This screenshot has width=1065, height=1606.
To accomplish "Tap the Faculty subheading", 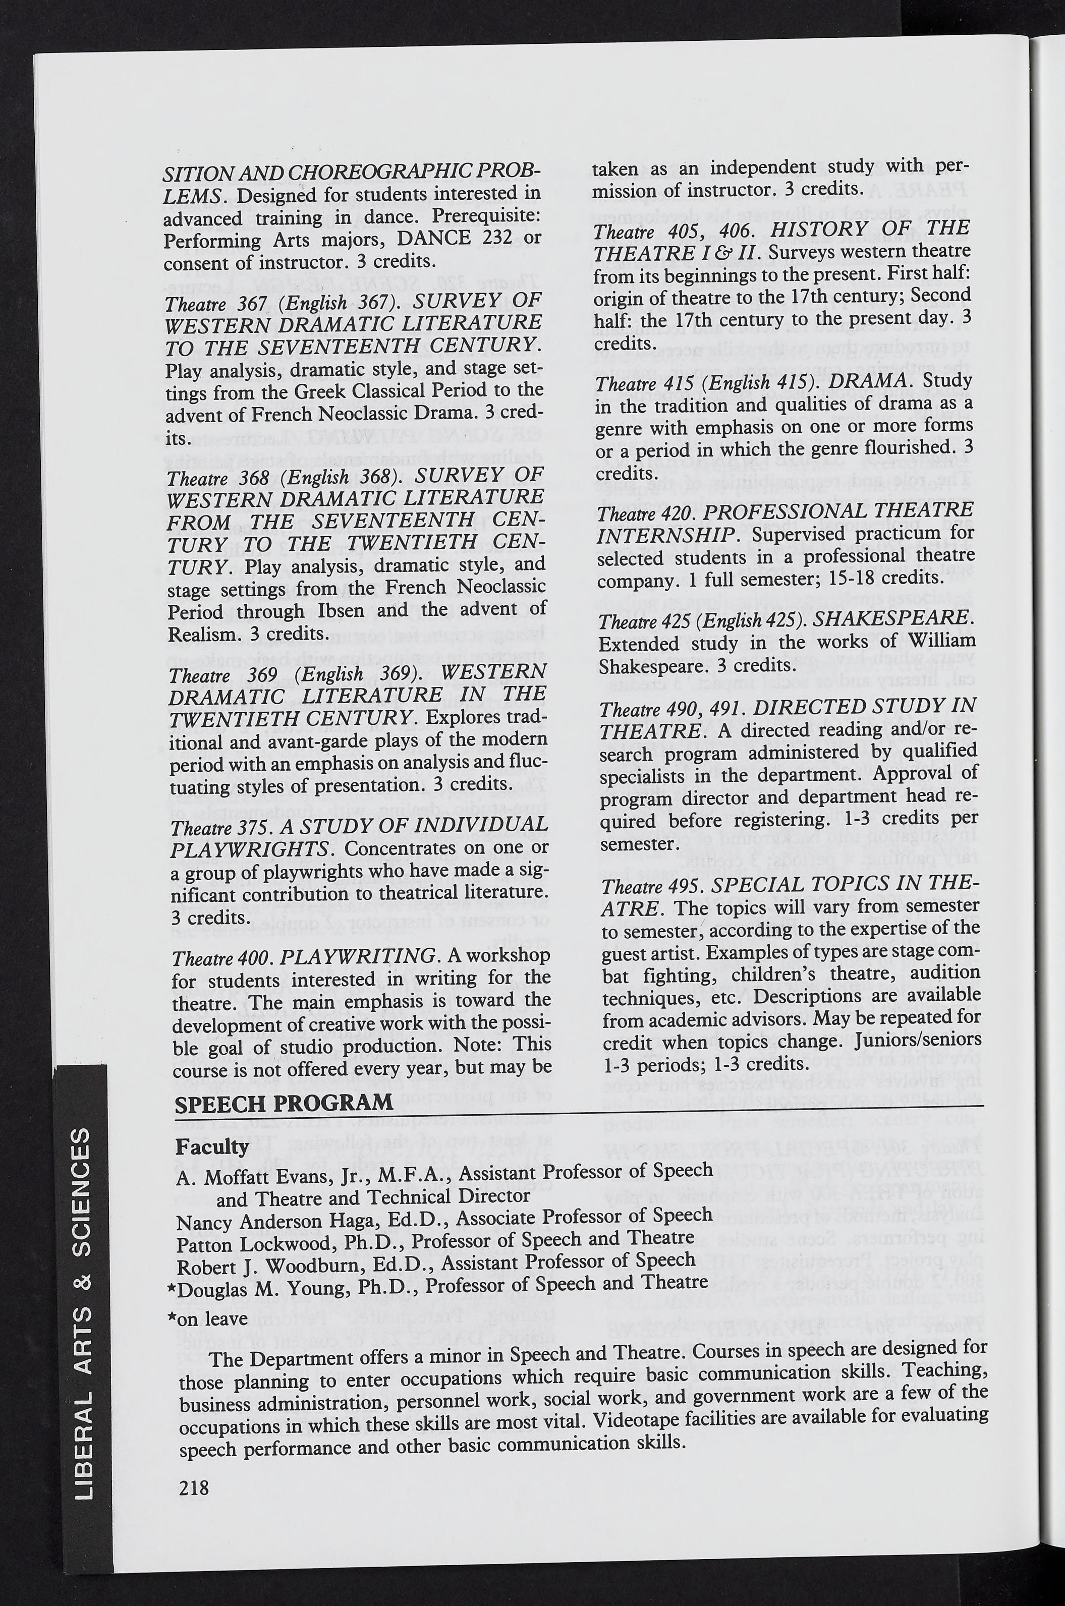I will (x=212, y=1147).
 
